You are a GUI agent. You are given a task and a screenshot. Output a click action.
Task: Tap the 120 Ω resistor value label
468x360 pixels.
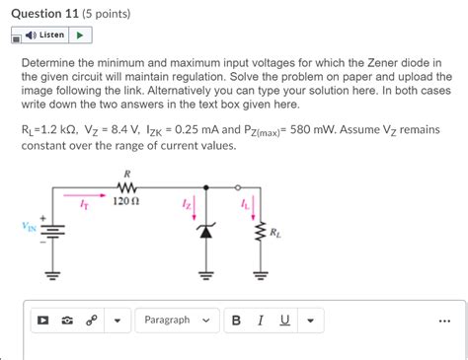[x=127, y=199]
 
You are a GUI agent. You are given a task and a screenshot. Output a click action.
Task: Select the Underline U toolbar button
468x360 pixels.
[x=284, y=320]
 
